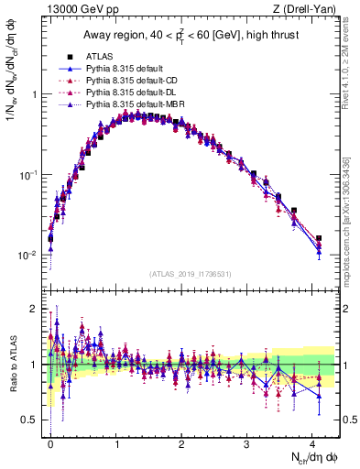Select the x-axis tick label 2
tap(181, 442)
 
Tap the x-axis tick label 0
tap(50, 442)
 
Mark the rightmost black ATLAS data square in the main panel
tap(319, 238)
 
